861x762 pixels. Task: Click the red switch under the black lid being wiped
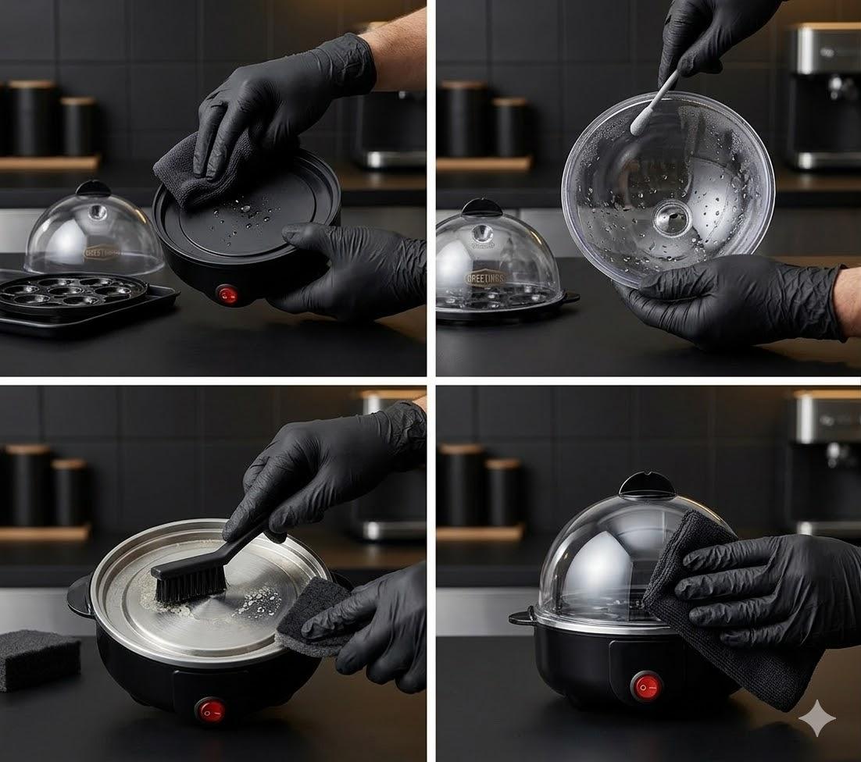click(x=227, y=294)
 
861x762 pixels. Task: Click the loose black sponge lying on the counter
click(x=38, y=660)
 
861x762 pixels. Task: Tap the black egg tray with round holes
click(x=73, y=293)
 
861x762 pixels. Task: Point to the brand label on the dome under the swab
click(x=485, y=277)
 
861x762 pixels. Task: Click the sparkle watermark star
click(x=816, y=717)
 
